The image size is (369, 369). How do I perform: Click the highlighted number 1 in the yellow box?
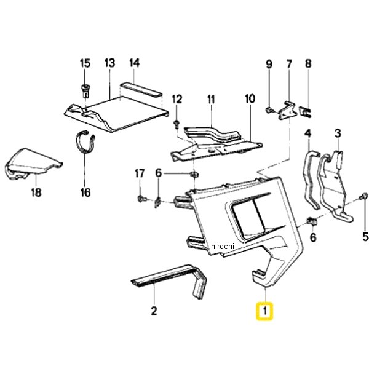click(265, 311)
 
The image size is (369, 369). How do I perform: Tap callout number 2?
click(154, 311)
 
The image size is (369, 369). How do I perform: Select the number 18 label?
click(36, 192)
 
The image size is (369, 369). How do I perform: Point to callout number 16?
click(85, 192)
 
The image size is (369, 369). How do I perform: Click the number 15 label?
click(85, 63)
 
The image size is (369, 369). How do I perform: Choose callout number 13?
click(109, 63)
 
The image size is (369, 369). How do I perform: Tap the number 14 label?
click(135, 63)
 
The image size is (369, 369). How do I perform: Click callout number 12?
click(177, 99)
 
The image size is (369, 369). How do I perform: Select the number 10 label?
click(250, 98)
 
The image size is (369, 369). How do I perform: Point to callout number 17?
click(140, 173)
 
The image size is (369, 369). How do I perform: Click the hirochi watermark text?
click(223, 247)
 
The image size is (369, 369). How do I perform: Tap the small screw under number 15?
click(85, 91)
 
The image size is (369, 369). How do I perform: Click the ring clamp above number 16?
click(85, 142)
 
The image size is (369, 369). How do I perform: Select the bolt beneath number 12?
click(177, 124)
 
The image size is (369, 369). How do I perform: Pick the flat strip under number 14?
click(141, 89)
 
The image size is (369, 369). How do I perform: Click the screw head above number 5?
click(364, 196)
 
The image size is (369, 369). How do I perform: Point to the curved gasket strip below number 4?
click(312, 179)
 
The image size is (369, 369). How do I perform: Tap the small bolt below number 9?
click(269, 110)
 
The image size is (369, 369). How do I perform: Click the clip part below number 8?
click(304, 112)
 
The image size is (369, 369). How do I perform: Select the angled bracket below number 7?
click(287, 110)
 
